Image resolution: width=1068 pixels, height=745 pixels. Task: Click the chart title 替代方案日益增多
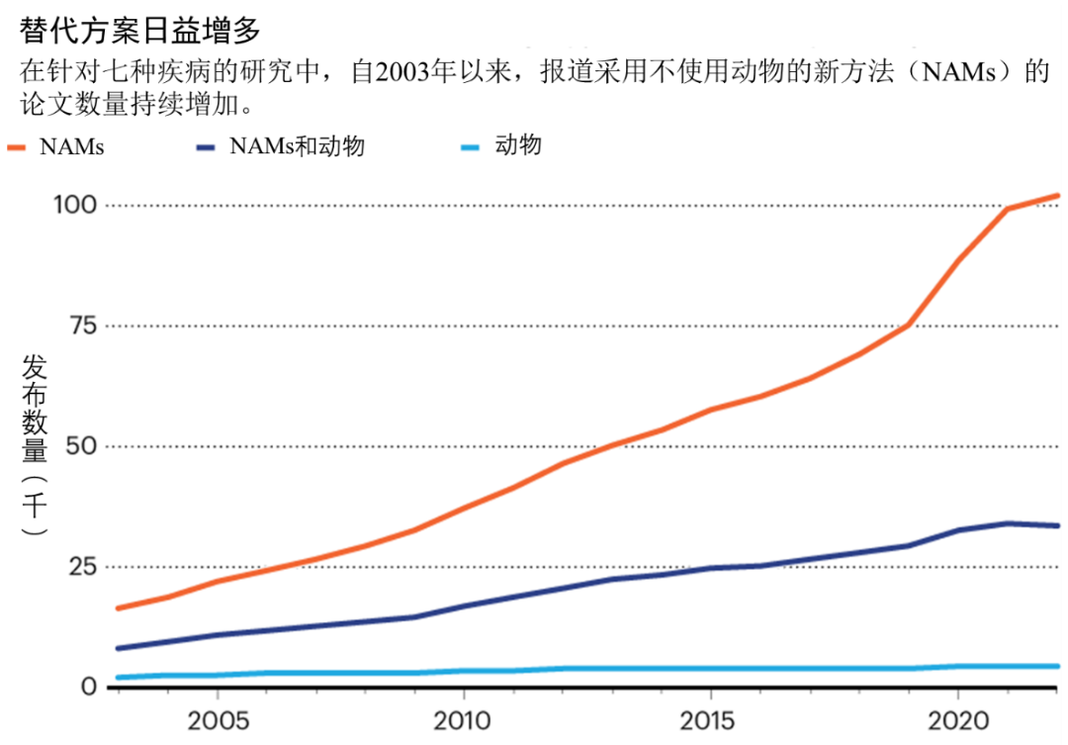pos(139,31)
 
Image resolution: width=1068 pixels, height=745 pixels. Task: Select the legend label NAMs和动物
pos(297,146)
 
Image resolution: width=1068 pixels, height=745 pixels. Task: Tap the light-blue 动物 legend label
pos(518,145)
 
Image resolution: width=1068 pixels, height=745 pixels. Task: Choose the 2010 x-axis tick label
pos(463,718)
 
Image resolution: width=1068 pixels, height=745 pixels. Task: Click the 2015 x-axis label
pos(709,718)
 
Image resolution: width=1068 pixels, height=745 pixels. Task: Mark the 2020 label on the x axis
pos(956,718)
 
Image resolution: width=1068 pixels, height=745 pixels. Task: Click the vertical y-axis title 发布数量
pos(35,411)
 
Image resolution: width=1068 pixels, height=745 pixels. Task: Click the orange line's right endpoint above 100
pos(1058,196)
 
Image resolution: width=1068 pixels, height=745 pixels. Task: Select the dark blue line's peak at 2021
pos(1007,523)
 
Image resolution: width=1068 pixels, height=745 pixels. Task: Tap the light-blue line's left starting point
pos(119,678)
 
